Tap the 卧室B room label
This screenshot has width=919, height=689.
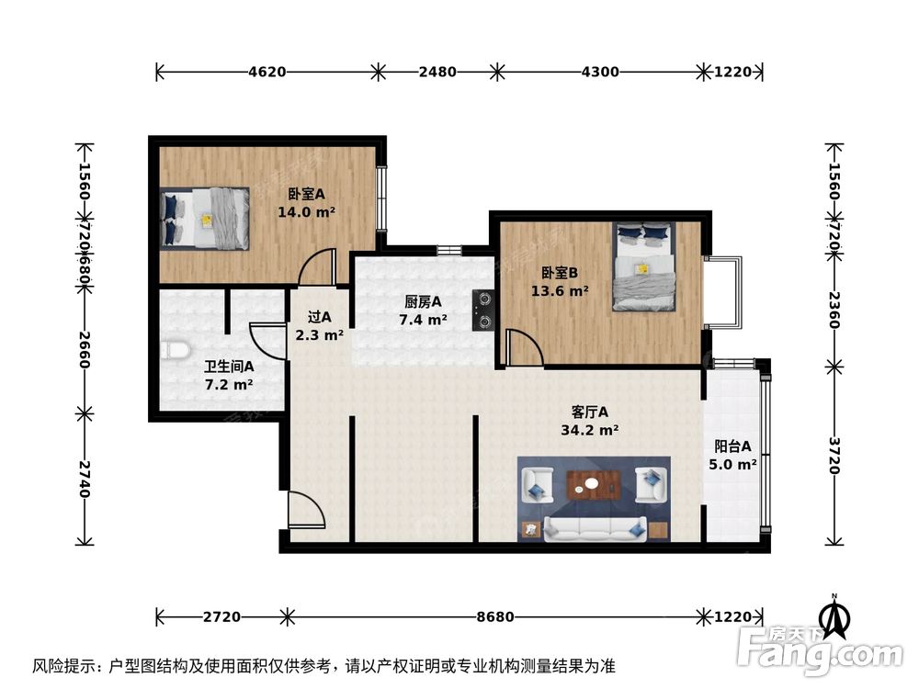(x=559, y=273)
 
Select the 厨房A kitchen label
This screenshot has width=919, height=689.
(x=423, y=301)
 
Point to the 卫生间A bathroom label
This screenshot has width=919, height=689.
(x=229, y=366)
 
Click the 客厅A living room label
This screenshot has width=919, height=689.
(x=589, y=412)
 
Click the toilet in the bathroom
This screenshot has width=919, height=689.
(x=175, y=350)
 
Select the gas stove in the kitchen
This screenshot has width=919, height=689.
(x=484, y=310)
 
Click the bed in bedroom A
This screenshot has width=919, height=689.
(x=205, y=219)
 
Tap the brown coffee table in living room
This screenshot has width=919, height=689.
(x=593, y=483)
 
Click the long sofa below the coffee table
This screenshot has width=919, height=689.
(x=593, y=528)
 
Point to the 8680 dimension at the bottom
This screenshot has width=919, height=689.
(x=496, y=616)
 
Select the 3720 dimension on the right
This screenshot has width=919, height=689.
(x=834, y=455)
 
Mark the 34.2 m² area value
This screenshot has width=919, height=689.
(x=589, y=429)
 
